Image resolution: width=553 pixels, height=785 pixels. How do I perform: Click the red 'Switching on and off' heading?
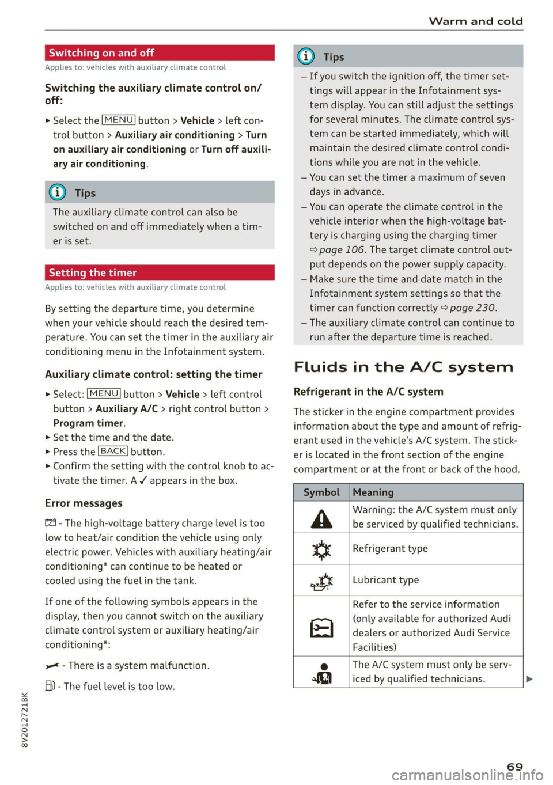[x=101, y=53]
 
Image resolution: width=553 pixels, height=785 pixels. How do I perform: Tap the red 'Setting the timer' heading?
[x=93, y=273]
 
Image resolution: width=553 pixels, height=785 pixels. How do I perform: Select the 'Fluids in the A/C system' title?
[x=403, y=367]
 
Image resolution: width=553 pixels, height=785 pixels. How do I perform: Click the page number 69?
[x=514, y=767]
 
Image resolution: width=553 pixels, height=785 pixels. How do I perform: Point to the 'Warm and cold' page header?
[x=475, y=21]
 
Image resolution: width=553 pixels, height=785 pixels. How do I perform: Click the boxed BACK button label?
[x=113, y=452]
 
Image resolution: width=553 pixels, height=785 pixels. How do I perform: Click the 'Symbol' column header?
[x=321, y=492]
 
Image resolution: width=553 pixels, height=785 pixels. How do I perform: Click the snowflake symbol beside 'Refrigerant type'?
[x=321, y=550]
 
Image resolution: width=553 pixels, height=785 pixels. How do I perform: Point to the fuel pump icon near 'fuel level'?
[x=50, y=686]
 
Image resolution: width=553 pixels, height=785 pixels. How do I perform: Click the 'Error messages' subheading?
[x=84, y=503]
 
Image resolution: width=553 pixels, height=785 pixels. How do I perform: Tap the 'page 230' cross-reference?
[x=472, y=308]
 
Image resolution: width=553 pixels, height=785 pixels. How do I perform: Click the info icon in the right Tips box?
[x=306, y=56]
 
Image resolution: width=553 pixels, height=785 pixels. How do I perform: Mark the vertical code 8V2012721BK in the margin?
[x=24, y=720]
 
